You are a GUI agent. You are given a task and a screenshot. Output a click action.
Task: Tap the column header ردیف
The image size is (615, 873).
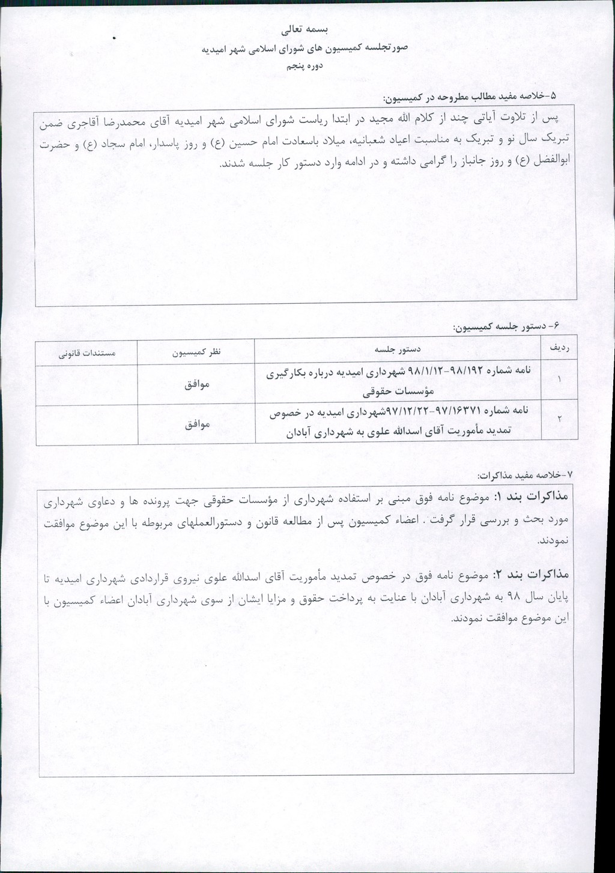pyautogui.click(x=559, y=349)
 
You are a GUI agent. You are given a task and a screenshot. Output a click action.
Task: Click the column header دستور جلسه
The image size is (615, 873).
pyautogui.click(x=398, y=349)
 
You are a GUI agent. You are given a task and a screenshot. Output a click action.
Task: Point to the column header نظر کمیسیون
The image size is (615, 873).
pyautogui.click(x=196, y=351)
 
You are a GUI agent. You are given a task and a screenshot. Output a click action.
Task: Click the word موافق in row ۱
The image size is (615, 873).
pyautogui.click(x=197, y=384)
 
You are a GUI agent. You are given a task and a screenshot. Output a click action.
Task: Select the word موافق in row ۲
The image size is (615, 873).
pyautogui.click(x=197, y=424)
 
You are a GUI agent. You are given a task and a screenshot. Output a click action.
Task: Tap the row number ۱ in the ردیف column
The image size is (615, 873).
pyautogui.click(x=559, y=379)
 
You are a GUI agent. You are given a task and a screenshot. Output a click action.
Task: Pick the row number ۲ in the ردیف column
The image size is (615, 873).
pyautogui.click(x=559, y=419)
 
